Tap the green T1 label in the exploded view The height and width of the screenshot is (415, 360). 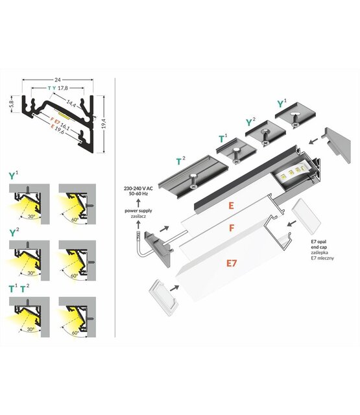tap(222, 137)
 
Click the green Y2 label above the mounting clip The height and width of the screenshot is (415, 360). tap(250, 121)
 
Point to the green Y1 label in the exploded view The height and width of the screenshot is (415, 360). tap(281, 103)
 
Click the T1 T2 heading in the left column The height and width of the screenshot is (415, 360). tap(18, 288)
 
